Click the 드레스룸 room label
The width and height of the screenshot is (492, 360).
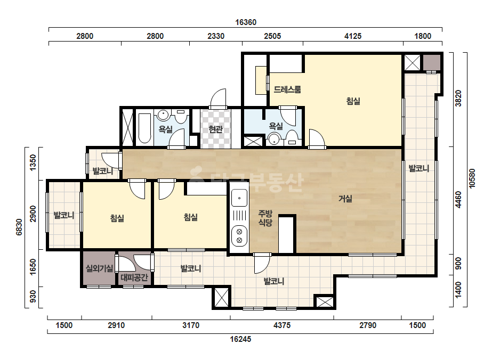[x=287, y=89]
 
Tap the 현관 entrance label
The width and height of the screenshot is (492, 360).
[x=215, y=129]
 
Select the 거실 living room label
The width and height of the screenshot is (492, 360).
[x=345, y=199]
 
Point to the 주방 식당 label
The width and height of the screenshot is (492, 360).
[x=265, y=218]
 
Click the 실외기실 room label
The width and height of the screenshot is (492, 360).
[x=100, y=268]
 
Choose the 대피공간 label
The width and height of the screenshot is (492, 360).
[x=134, y=277]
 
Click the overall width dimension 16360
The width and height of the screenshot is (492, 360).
[x=246, y=22]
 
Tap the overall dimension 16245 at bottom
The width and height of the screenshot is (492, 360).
[x=240, y=339]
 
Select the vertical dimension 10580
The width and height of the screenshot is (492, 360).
[x=472, y=178]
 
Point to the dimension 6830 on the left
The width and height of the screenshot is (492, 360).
[x=19, y=227]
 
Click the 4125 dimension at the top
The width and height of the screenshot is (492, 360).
[x=353, y=36]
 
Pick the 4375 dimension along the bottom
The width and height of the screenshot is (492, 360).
[x=282, y=325]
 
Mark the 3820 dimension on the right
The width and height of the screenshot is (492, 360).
[x=458, y=99]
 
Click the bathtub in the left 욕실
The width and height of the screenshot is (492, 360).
[x=144, y=128]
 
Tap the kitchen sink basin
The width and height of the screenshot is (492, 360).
[x=239, y=198]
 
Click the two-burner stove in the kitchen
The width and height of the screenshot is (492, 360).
[x=239, y=236]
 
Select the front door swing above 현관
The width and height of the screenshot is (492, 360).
[x=218, y=99]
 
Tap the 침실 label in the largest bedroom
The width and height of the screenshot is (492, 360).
[x=353, y=101]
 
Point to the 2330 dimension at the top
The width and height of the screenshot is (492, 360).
[x=216, y=36]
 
